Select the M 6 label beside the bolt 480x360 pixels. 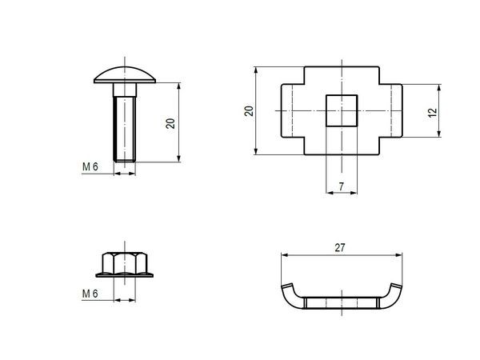pyautogui.click(x=90, y=167)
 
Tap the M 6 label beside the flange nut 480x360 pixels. pyautogui.click(x=90, y=294)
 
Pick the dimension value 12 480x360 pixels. pyautogui.click(x=433, y=113)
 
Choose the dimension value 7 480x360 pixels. pyautogui.click(x=341, y=186)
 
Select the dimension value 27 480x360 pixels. pyautogui.click(x=341, y=249)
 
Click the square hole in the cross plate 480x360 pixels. pyautogui.click(x=341, y=109)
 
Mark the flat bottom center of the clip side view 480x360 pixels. pyautogui.click(x=341, y=303)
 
